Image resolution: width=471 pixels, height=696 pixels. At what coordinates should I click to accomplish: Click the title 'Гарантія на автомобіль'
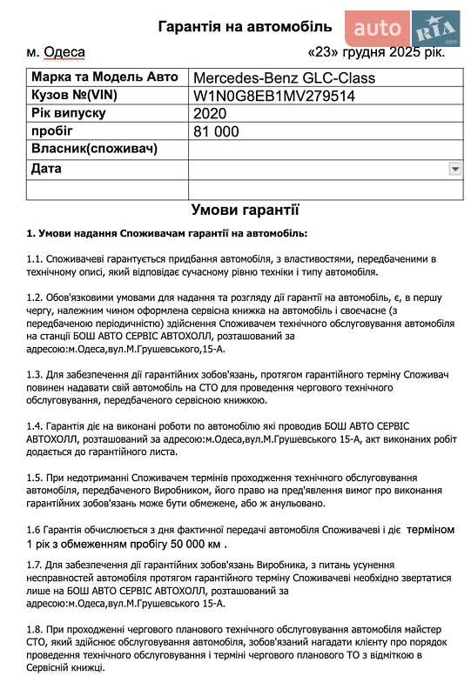tap(245, 26)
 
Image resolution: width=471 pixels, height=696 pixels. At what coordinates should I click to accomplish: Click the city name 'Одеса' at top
tap(64, 51)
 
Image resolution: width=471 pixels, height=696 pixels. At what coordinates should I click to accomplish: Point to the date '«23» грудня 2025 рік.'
tap(377, 51)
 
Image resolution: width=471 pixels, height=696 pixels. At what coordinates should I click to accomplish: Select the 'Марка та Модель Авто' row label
tap(98, 77)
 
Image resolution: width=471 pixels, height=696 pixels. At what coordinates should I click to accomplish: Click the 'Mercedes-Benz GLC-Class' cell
tap(284, 78)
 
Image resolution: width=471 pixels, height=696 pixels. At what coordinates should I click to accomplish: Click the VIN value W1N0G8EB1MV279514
tap(274, 96)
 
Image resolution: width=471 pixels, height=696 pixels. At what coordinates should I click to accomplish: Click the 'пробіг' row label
tap(50, 130)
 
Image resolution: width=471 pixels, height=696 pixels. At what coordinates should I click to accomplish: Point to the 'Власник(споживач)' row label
tap(94, 149)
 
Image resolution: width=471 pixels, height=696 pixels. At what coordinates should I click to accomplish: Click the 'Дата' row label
tap(46, 168)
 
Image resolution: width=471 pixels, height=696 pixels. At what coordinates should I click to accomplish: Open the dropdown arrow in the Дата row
tap(454, 168)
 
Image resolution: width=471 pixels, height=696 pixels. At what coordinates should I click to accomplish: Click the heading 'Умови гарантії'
tap(245, 210)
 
